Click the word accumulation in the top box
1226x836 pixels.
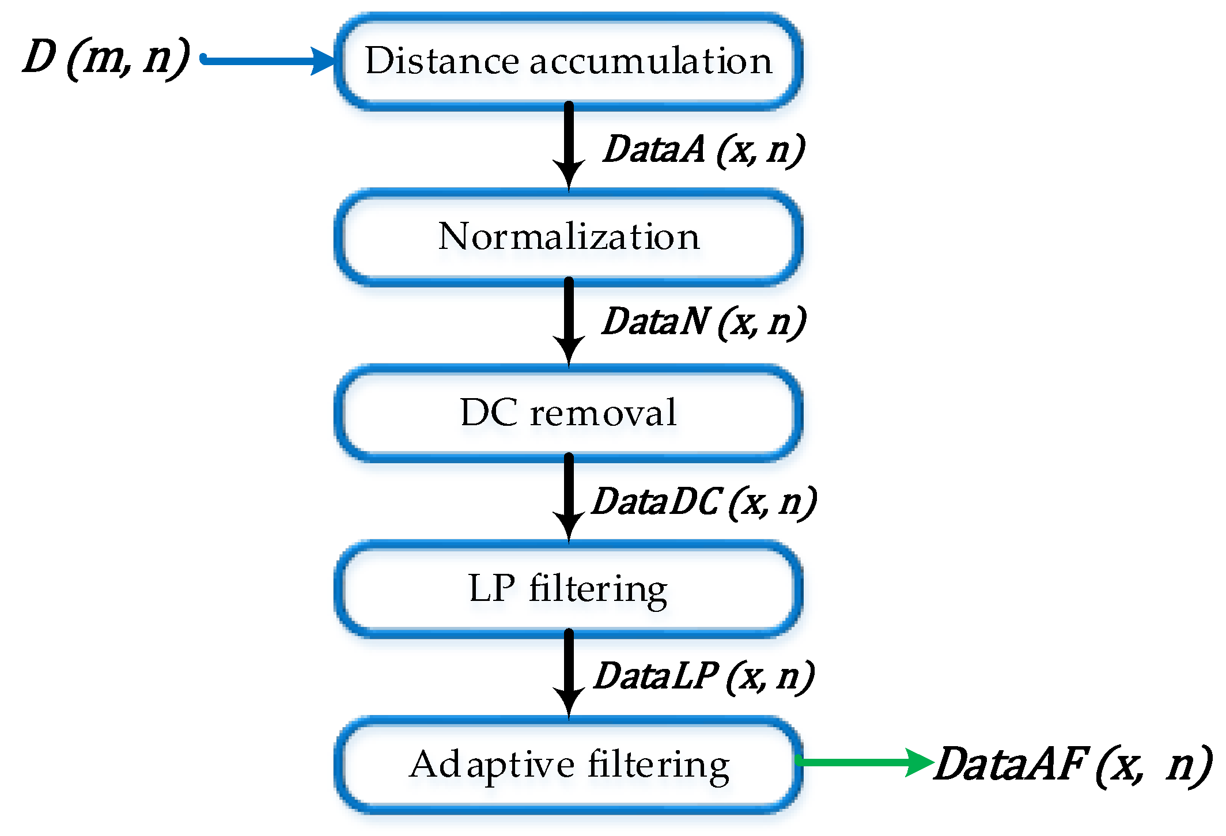coord(650,61)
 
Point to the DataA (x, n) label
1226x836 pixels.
coord(703,150)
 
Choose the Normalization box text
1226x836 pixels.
coord(569,236)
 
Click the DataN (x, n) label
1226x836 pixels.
coord(703,321)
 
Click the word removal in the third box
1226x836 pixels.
coord(603,413)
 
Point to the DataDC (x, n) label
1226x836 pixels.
coord(704,501)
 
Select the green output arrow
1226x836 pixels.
coord(864,762)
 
